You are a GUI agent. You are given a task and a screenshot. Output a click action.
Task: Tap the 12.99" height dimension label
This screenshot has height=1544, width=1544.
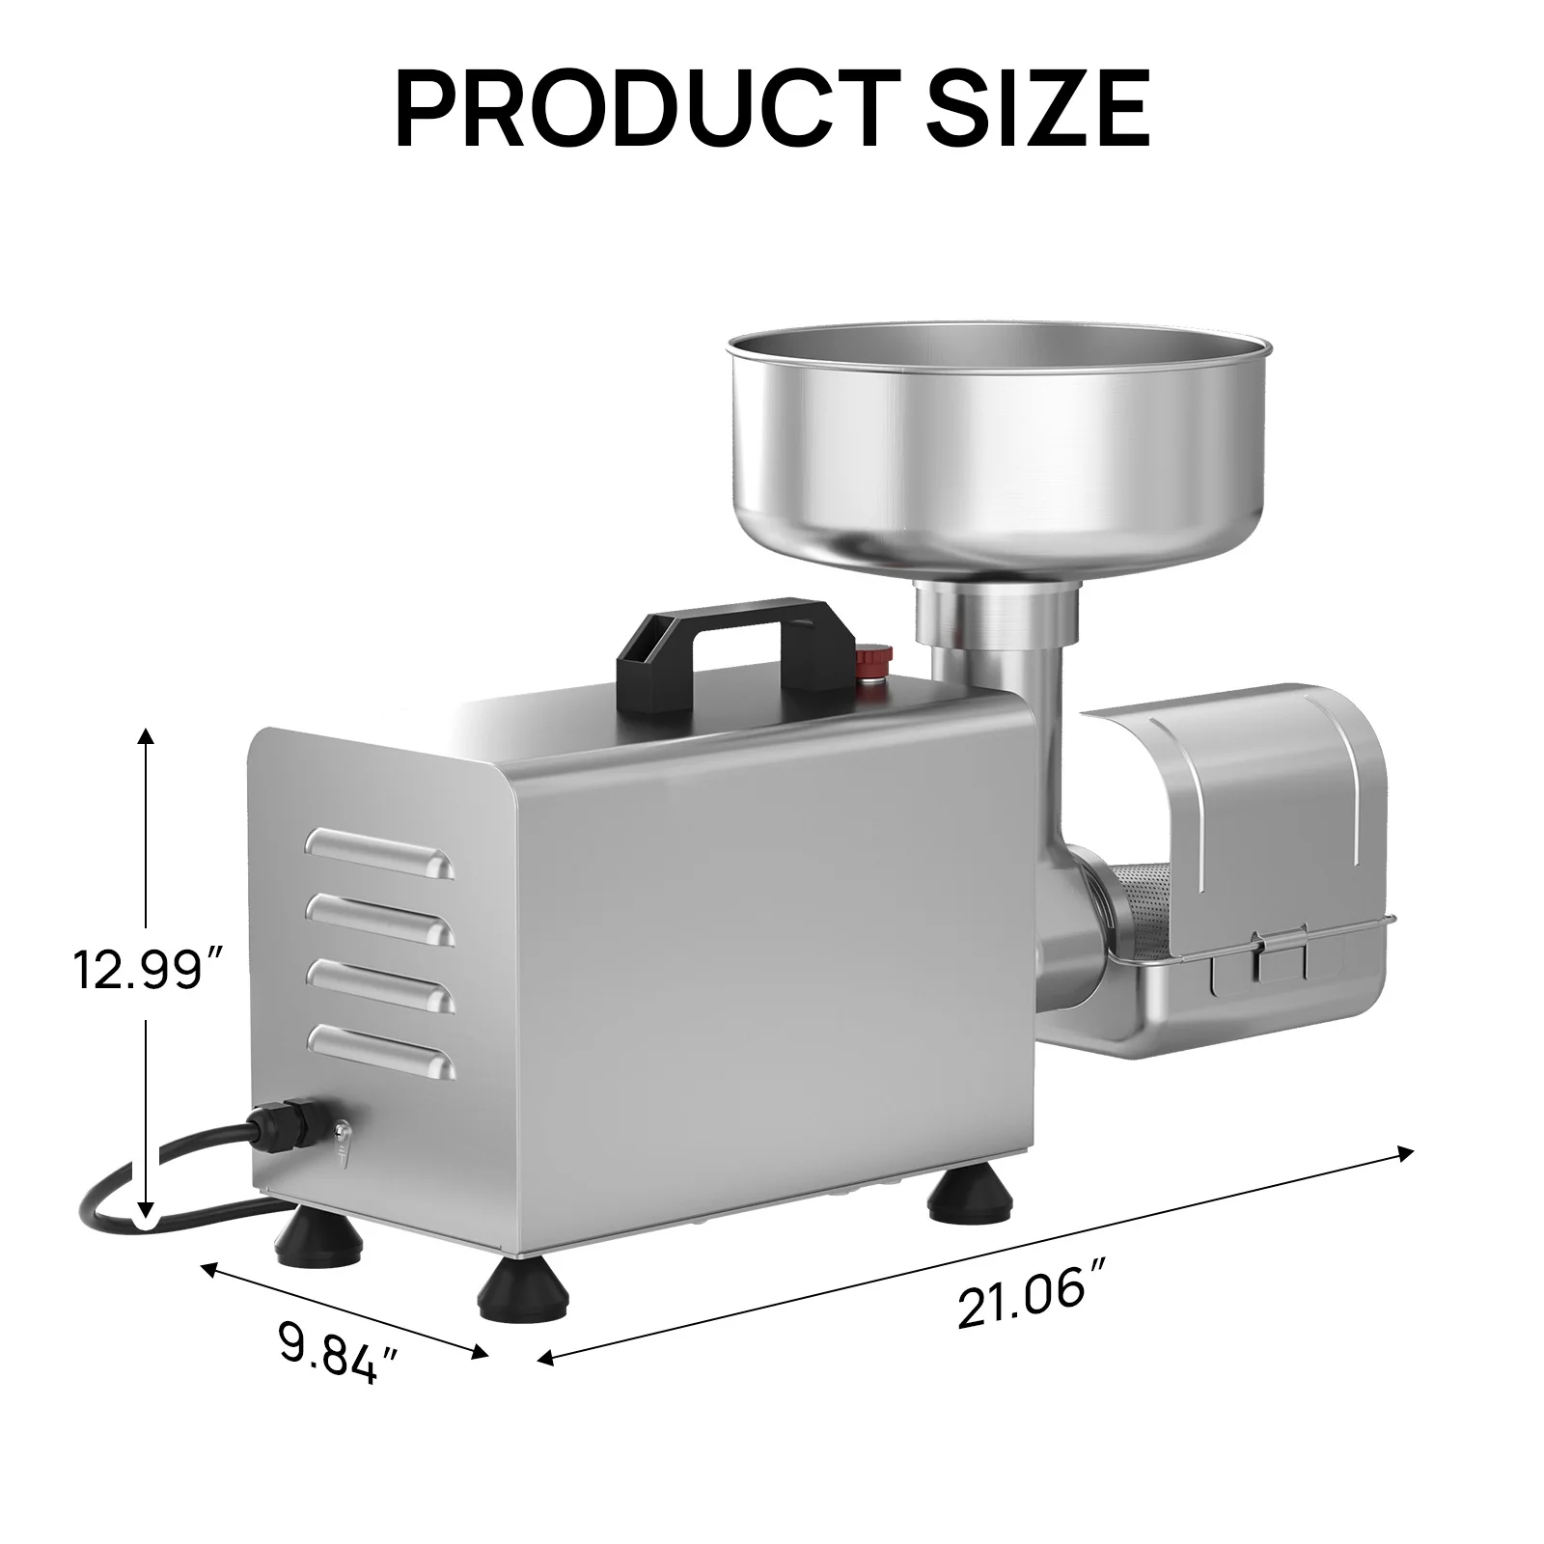[148, 969]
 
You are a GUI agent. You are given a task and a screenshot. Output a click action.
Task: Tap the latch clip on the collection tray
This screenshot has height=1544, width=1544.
[1280, 957]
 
